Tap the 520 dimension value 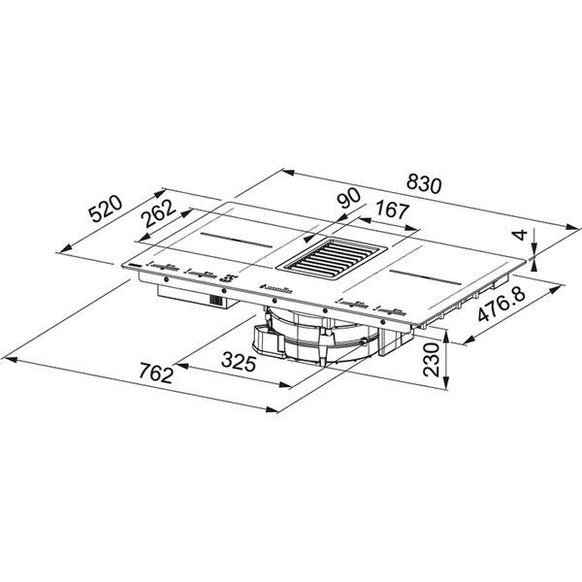tap(105, 210)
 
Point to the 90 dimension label tap(348, 198)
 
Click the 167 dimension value tap(392, 210)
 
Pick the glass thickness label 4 tap(521, 235)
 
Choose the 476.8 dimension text tap(501, 305)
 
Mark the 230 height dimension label tap(432, 360)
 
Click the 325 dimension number tap(239, 363)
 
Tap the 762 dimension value tap(156, 373)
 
